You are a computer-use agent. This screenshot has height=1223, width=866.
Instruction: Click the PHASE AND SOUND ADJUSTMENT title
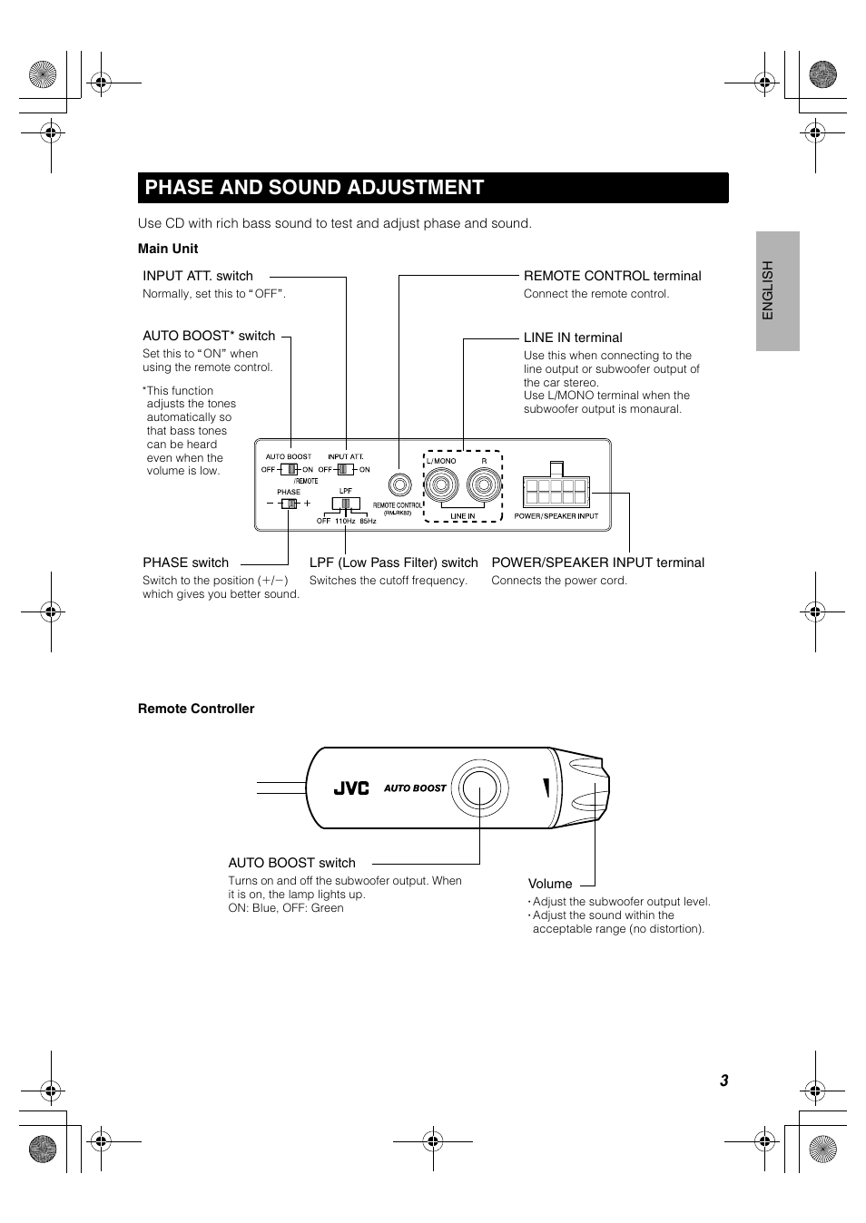(x=314, y=188)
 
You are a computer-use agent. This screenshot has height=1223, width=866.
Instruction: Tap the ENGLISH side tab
(x=768, y=290)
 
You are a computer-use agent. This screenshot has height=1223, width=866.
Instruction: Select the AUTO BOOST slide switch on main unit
(x=289, y=469)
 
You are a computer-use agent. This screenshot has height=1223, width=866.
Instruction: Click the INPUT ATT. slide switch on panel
(x=346, y=469)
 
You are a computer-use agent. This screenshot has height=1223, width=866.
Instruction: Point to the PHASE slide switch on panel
(x=289, y=503)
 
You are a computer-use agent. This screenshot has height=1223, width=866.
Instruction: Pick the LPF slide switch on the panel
(x=345, y=507)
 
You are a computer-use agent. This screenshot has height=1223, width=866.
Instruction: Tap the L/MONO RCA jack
(x=442, y=486)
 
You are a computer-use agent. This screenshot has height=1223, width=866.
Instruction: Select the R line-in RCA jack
(x=484, y=486)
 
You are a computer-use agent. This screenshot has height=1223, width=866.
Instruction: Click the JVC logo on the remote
(x=351, y=788)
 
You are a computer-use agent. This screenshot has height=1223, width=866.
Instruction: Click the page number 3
(x=724, y=1081)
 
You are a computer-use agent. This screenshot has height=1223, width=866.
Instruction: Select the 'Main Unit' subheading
(x=168, y=249)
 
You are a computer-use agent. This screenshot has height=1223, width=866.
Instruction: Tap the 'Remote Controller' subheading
(x=196, y=709)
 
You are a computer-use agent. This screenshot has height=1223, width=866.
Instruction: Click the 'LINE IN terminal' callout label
(x=573, y=338)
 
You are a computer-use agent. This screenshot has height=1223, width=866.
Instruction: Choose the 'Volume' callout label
(x=550, y=884)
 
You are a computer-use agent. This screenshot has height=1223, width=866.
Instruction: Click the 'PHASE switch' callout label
(x=186, y=563)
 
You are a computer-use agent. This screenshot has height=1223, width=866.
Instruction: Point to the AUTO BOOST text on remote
(x=415, y=788)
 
